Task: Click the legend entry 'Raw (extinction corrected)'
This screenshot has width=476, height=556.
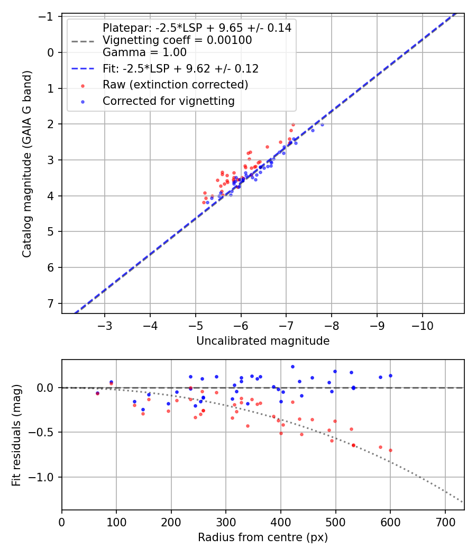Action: [175, 85]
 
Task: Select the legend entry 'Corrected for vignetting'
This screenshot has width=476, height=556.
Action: [169, 101]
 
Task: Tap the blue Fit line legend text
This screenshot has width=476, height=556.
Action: [180, 69]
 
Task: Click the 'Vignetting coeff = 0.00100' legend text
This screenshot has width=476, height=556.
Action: [177, 40]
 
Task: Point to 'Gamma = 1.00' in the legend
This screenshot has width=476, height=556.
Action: [144, 52]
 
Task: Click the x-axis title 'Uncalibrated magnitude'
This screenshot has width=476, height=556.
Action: [263, 341]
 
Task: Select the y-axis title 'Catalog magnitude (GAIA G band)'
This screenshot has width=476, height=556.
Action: [28, 164]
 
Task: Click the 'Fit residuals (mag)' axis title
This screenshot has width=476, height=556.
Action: [16, 434]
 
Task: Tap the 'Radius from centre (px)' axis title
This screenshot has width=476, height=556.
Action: [263, 537]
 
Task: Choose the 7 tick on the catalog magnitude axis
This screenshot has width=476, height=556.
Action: [51, 303]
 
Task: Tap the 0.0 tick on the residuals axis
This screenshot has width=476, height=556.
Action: [48, 388]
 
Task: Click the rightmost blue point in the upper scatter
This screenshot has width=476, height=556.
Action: [322, 124]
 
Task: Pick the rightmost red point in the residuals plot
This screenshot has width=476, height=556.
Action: [390, 450]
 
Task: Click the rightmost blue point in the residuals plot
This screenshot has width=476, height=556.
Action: [390, 375]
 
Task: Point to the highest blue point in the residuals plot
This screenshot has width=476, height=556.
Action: [292, 366]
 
